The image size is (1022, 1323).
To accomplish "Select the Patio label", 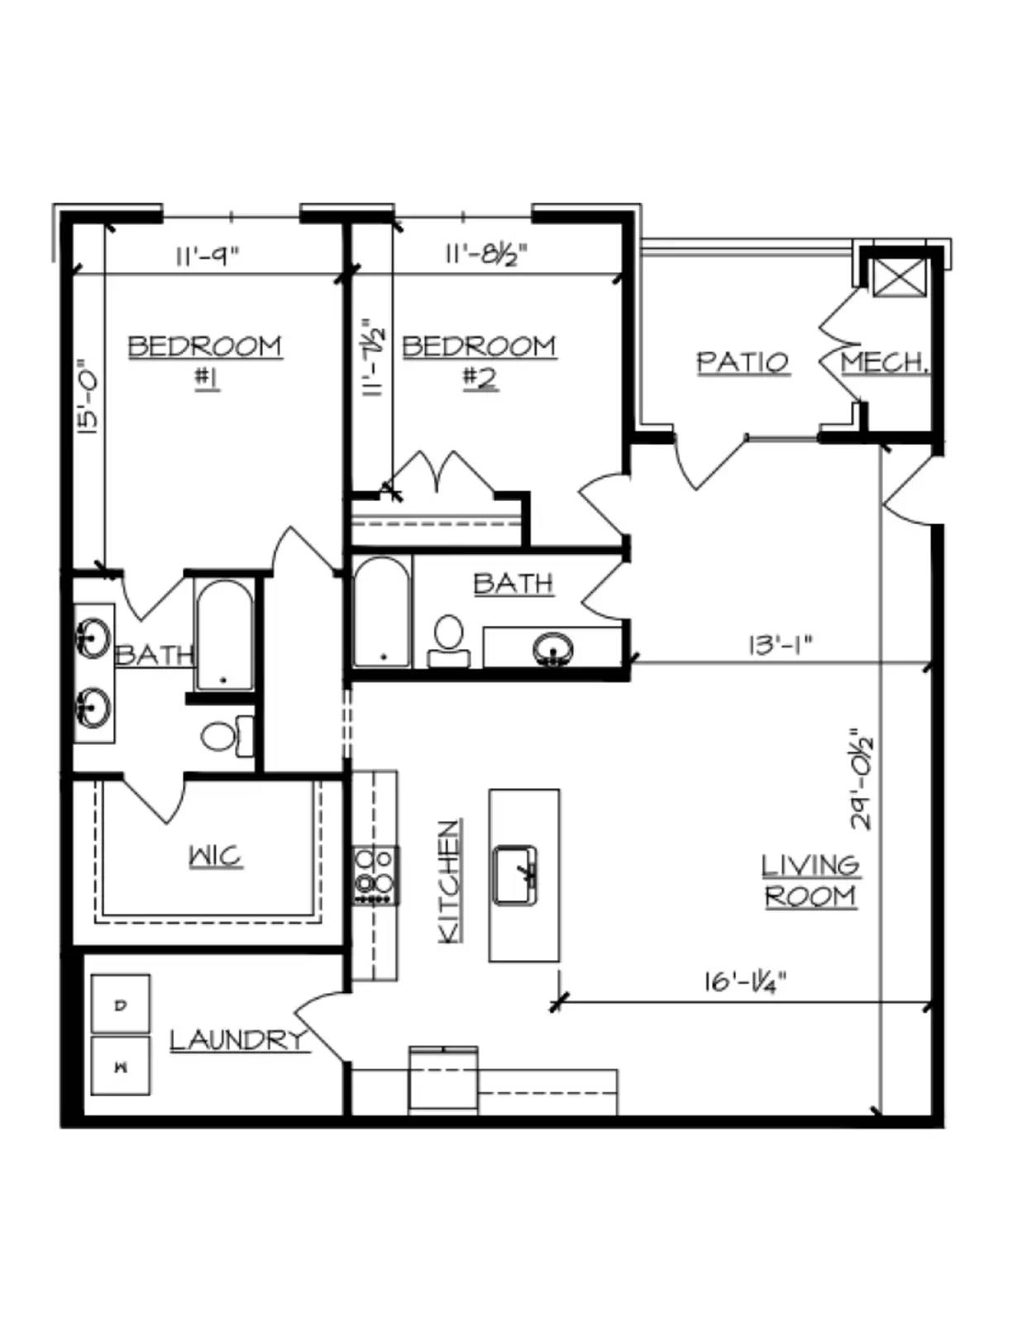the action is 743,362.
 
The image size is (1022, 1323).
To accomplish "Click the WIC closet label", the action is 216,857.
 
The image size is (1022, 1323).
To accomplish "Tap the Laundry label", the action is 236,1039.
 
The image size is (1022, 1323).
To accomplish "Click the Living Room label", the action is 811,881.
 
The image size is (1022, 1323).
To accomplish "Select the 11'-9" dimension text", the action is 208,256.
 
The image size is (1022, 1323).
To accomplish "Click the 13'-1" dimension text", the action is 780,645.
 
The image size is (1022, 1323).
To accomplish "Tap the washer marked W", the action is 121,1067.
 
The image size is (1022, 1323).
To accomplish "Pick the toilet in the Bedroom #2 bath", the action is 449,641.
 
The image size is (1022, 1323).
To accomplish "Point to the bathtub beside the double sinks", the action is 224,636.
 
